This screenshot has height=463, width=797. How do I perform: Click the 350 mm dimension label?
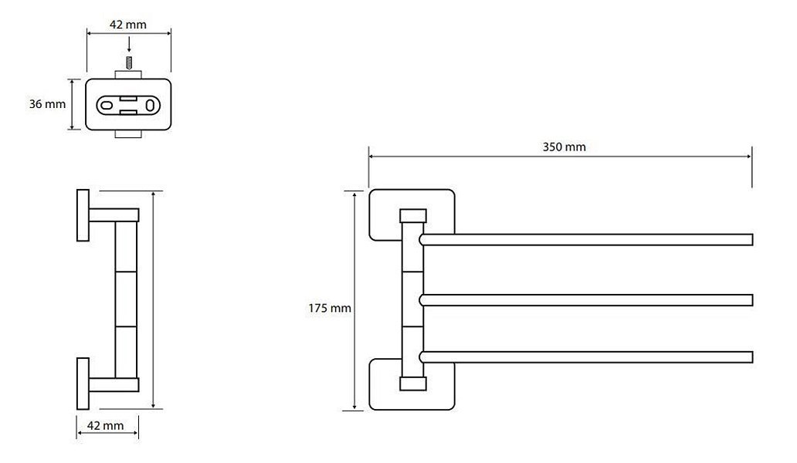564,147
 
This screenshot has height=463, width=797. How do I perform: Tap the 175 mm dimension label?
329,308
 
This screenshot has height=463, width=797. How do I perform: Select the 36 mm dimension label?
47,104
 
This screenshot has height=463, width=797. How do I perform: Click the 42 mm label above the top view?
128,25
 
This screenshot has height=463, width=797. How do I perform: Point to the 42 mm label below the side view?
105,425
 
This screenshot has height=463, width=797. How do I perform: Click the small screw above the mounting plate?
129,63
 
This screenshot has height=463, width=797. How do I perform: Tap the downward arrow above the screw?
129,45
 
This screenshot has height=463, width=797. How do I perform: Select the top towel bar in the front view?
585,240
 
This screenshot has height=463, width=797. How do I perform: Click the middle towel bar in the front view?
585,300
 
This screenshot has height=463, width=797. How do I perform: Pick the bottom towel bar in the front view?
585,357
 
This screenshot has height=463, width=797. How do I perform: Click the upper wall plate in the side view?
83,215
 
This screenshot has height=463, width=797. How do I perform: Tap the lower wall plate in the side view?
83,384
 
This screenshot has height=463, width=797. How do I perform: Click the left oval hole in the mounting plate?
107,105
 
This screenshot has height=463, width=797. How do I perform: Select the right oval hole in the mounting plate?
151,105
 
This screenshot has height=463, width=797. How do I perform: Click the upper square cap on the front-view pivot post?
412,216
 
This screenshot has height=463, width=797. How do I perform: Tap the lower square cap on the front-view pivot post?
412,384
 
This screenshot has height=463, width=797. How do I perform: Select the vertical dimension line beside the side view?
153,299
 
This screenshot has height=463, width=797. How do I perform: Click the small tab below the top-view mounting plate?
128,134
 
